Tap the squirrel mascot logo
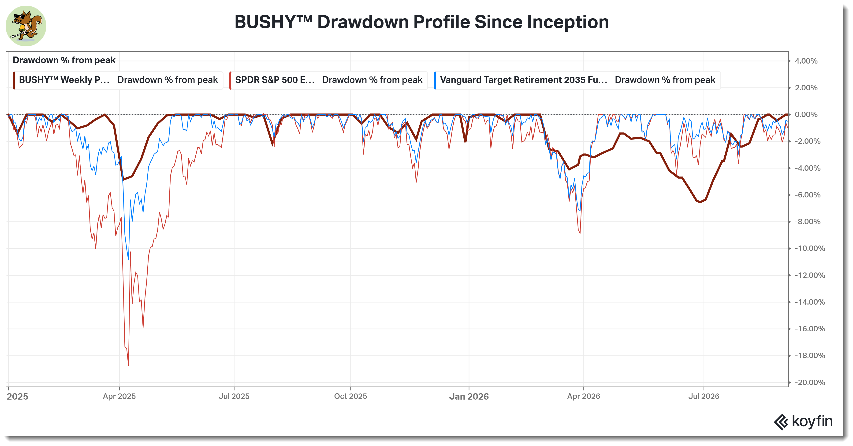tap(26, 26)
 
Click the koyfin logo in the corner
tap(803, 421)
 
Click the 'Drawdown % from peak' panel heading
tap(64, 60)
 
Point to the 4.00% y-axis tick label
tap(806, 61)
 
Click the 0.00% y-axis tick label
tap(806, 115)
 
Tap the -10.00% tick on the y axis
tap(810, 249)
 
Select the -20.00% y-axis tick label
tap(810, 382)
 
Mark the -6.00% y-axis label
tap(808, 195)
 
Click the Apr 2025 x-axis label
tap(119, 396)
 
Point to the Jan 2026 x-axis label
tap(469, 396)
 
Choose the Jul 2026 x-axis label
tap(704, 396)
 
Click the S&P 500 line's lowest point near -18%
tap(128, 365)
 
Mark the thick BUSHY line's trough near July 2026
tap(700, 202)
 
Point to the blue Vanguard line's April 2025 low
tap(128, 259)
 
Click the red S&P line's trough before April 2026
tap(580, 233)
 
